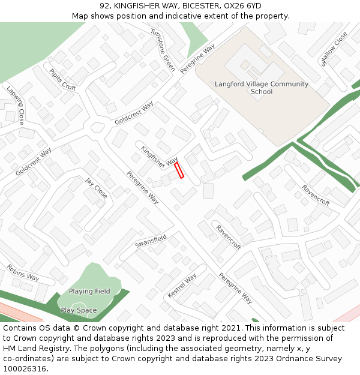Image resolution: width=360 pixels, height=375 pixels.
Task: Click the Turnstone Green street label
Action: (163, 50)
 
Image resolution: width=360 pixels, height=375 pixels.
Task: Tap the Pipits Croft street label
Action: (63, 80)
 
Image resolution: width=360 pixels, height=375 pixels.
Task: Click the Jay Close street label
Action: (96, 188)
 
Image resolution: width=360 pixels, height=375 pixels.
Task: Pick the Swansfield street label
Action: (151, 241)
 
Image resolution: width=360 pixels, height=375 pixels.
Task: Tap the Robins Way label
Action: (23, 272)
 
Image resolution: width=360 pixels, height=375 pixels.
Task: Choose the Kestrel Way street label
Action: (182, 286)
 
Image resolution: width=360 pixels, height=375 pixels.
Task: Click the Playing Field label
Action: (89, 292)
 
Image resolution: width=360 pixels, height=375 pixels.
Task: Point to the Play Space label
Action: (79, 311)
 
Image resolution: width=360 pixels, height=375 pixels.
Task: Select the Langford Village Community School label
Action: (262, 88)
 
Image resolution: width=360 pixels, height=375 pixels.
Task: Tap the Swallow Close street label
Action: (335, 49)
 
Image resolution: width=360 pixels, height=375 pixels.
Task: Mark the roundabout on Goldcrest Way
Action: (97, 127)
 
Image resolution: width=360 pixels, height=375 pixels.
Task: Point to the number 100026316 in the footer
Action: (26, 369)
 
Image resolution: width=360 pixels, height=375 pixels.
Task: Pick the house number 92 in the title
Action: (104, 6)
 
